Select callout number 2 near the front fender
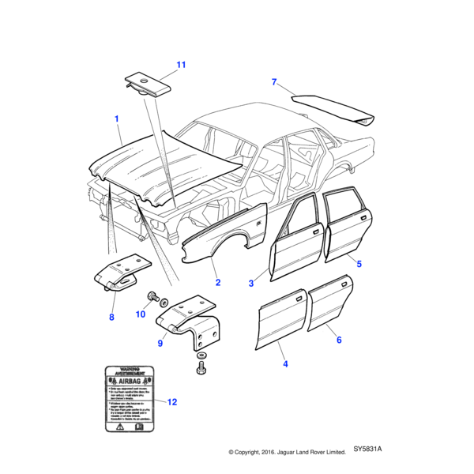coord(217,283)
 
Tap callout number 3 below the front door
coord(251,283)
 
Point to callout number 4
coord(285,364)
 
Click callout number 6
coord(339,340)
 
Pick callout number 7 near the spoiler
coord(274,82)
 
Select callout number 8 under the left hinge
coord(111,318)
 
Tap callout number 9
coord(160,344)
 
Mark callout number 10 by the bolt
coord(140,314)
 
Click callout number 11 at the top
coord(180,64)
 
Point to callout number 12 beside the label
coord(172,402)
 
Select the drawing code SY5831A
coord(368,450)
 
